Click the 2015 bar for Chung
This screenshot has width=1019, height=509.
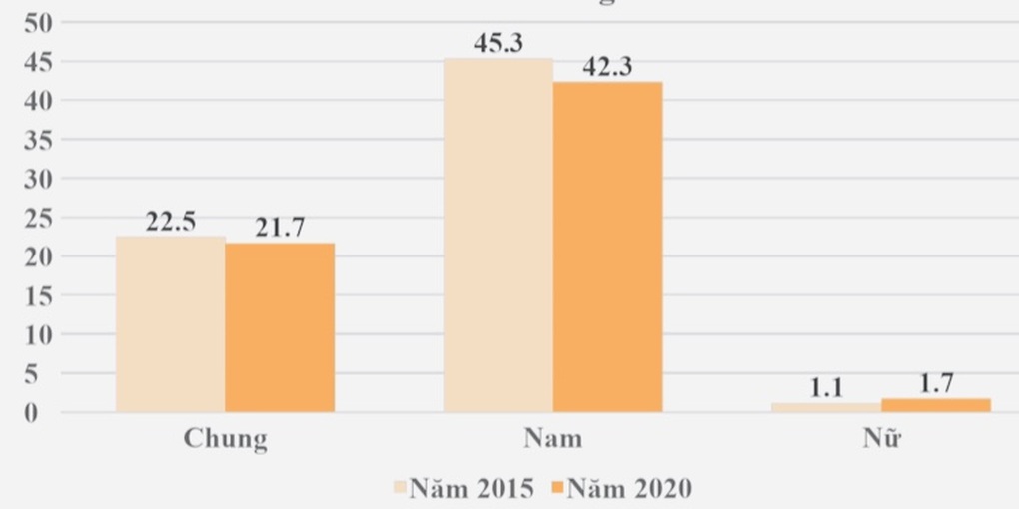(170, 324)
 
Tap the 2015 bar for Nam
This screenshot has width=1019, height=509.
(498, 235)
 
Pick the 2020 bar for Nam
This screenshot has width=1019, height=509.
(607, 247)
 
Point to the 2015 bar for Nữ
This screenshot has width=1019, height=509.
(825, 407)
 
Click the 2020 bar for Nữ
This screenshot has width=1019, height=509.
(935, 405)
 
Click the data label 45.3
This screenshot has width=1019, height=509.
(499, 44)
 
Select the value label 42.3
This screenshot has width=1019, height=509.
(607, 68)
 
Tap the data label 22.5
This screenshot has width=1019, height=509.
(171, 222)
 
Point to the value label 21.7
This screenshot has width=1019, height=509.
(280, 229)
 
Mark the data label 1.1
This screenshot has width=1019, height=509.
(826, 389)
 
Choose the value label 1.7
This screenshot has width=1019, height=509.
(936, 384)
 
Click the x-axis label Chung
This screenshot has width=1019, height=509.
(225, 439)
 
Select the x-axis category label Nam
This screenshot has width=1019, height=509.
(552, 439)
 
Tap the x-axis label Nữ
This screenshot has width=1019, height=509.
(881, 439)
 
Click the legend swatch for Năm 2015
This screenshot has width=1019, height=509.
(401, 489)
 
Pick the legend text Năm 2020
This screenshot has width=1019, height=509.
(630, 489)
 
